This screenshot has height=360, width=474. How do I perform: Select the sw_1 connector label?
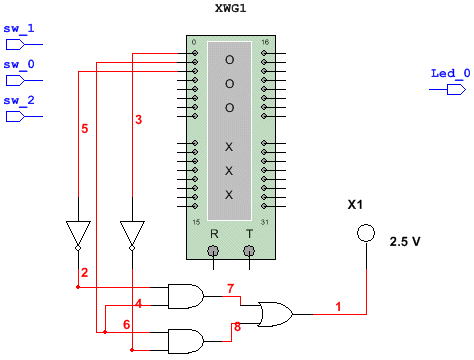pyautogui.click(x=18, y=29)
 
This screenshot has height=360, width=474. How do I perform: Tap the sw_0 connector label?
pyautogui.click(x=18, y=64)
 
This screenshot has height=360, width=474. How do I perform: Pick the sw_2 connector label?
pyautogui.click(x=18, y=101)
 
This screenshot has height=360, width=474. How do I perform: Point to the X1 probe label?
pyautogui.click(x=354, y=205)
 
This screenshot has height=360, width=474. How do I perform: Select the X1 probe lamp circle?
pyautogui.click(x=366, y=233)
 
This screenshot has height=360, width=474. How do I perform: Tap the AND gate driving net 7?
pyautogui.click(x=185, y=295)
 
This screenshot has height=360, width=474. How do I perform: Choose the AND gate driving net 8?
pyautogui.click(x=185, y=339)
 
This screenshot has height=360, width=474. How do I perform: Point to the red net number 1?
pyautogui.click(x=338, y=304)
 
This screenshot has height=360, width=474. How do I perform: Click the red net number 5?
pyautogui.click(x=84, y=129)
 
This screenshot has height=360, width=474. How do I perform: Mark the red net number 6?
pyautogui.click(x=126, y=325)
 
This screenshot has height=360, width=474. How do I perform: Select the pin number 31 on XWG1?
pyautogui.click(x=265, y=221)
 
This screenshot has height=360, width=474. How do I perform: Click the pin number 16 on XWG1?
pyautogui.click(x=265, y=43)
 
